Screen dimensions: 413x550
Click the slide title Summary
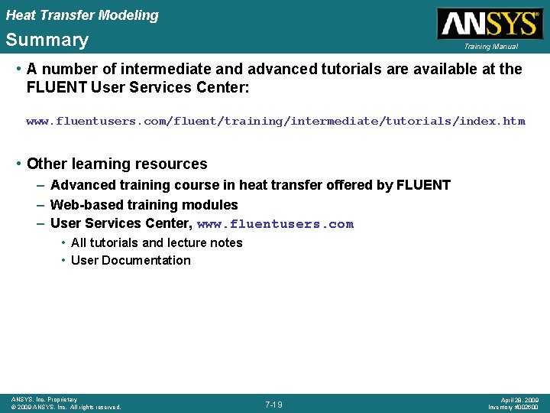(x=47, y=40)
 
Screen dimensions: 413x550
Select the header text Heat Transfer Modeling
(x=82, y=15)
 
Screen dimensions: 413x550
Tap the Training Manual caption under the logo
(x=490, y=47)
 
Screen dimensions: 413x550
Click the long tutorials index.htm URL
(x=276, y=121)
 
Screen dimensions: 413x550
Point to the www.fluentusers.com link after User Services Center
(x=275, y=224)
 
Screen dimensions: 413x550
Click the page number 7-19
(x=273, y=404)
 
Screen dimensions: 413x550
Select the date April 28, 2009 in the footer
(x=519, y=400)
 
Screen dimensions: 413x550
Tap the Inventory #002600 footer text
(x=514, y=408)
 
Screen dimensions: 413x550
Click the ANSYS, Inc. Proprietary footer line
(x=44, y=399)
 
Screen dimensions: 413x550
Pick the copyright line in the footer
(x=66, y=408)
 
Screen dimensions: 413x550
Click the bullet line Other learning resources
(x=117, y=164)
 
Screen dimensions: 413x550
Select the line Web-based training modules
(x=144, y=205)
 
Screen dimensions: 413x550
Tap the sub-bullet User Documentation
(x=131, y=260)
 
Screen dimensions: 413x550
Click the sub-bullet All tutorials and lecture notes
(x=157, y=242)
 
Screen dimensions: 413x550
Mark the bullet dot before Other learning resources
(x=18, y=164)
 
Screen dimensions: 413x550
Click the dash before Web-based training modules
(x=40, y=205)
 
